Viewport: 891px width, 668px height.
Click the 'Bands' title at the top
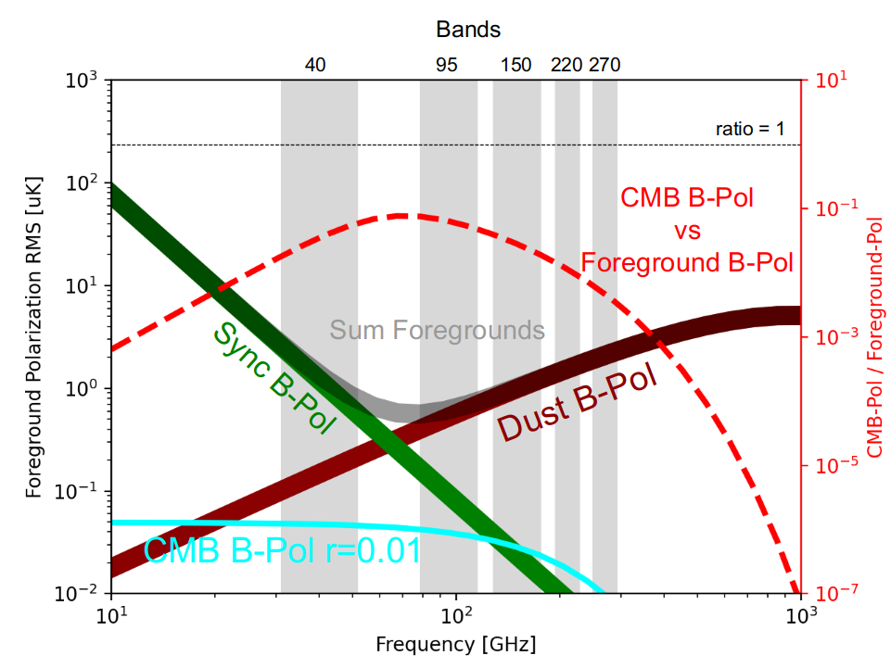(468, 30)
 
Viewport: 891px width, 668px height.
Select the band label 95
(447, 65)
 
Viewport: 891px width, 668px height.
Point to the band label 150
(516, 65)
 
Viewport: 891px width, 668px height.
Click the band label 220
(566, 65)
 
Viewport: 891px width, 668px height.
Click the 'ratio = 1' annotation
(750, 129)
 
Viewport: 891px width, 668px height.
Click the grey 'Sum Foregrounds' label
(437, 330)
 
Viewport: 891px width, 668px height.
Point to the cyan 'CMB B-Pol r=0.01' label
(283, 551)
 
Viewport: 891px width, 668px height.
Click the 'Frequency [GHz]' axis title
(455, 643)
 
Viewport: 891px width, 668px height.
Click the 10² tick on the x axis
(455, 615)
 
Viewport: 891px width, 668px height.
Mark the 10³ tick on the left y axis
(81, 82)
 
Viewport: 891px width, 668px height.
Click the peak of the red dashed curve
(400, 215)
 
